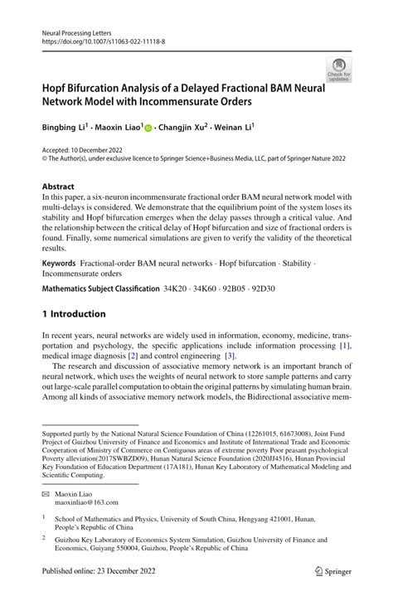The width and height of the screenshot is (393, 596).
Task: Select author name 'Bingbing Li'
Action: click(63, 128)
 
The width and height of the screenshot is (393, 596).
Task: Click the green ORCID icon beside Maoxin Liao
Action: click(148, 129)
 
